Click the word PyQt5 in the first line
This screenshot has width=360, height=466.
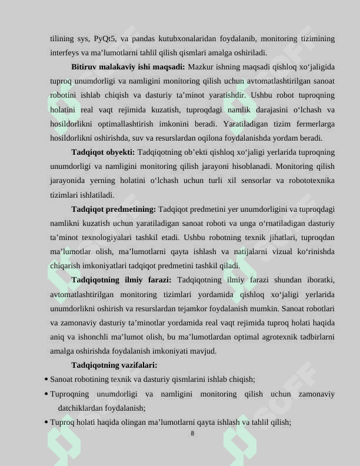tap(105, 39)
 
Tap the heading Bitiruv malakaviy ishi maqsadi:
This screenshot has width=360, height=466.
tap(128, 67)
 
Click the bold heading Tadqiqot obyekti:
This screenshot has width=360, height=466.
tap(103, 152)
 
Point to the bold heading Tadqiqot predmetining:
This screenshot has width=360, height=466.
tap(114, 209)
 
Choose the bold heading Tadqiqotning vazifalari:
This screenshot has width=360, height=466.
tap(114, 365)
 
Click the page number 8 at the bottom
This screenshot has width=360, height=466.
tap(192, 434)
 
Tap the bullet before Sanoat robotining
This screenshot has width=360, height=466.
tap(46, 380)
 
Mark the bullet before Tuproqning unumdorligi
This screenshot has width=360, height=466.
tap(46, 394)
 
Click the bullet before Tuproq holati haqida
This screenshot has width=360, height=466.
tap(46, 422)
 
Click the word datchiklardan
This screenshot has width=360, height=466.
tap(80, 408)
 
